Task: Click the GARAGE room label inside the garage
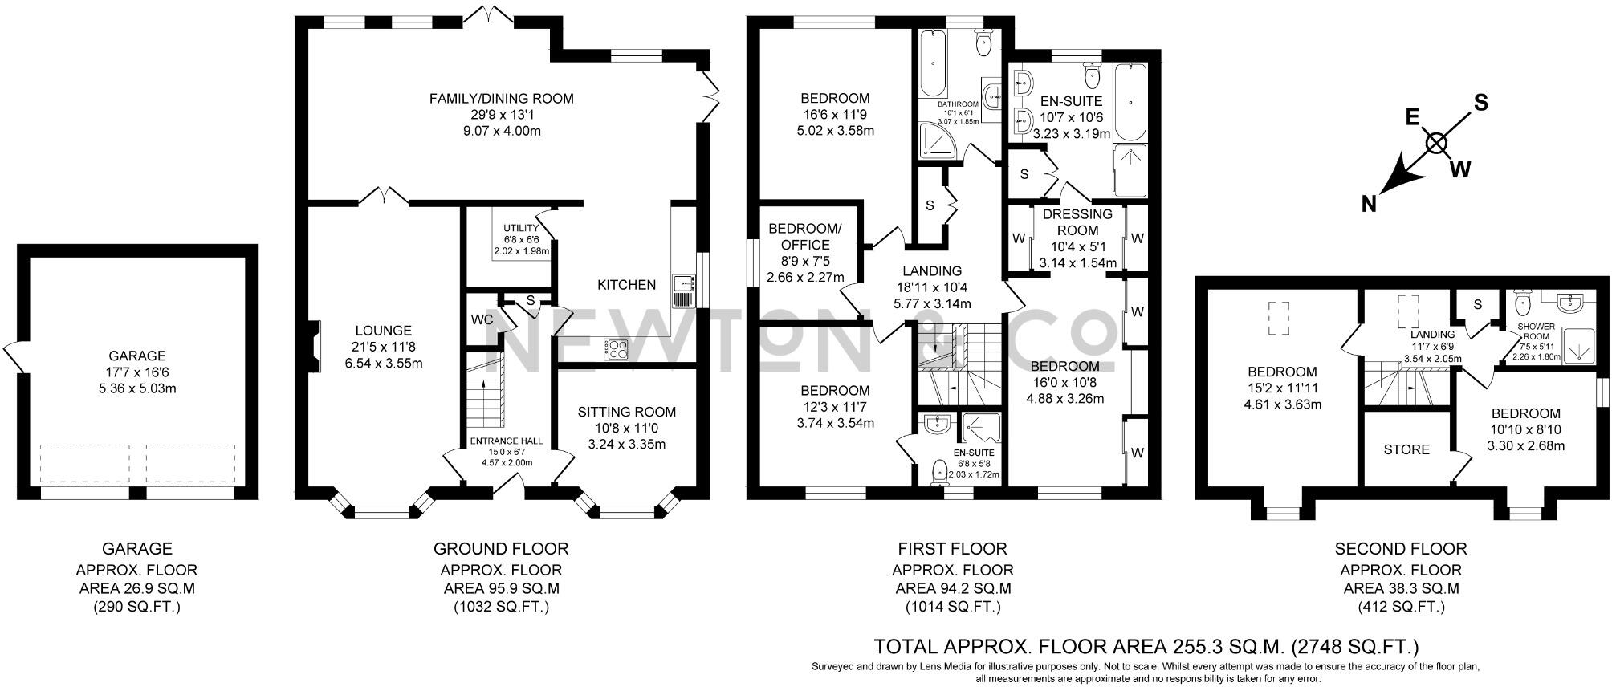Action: pyautogui.click(x=137, y=356)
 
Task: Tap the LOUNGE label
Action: pyautogui.click(x=384, y=331)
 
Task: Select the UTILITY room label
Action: pyautogui.click(x=521, y=229)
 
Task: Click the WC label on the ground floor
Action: pyautogui.click(x=482, y=319)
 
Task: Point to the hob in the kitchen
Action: pyautogui.click(x=617, y=349)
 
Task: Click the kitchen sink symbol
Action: pyautogui.click(x=683, y=283)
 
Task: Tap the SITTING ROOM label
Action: pyautogui.click(x=627, y=412)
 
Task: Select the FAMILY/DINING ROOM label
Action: pyautogui.click(x=501, y=99)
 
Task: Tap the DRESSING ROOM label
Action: pyautogui.click(x=1077, y=222)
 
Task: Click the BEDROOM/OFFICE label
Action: pyautogui.click(x=805, y=237)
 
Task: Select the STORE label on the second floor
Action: pyautogui.click(x=1406, y=449)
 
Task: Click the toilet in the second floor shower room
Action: pyautogui.click(x=1521, y=304)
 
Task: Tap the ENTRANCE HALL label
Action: pyautogui.click(x=506, y=441)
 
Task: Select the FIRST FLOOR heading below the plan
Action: pyautogui.click(x=952, y=549)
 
